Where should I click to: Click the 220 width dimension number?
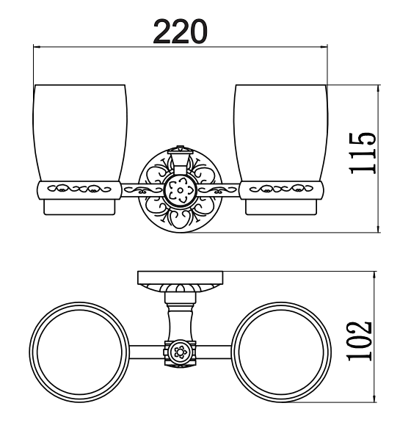click(x=180, y=31)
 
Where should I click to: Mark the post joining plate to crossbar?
click(x=179, y=312)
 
